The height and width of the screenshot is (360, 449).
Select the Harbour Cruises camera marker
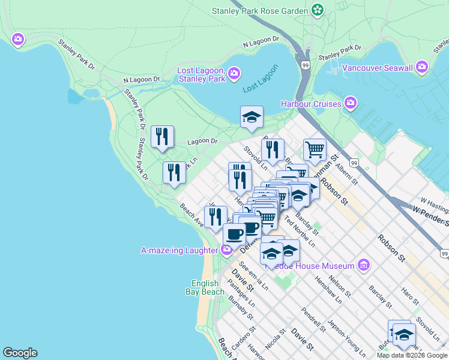click(350, 104)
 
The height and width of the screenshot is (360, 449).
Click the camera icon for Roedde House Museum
click(363, 265)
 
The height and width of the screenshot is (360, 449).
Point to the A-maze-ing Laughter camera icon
click(226, 250)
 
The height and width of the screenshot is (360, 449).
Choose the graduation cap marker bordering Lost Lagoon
click(252, 118)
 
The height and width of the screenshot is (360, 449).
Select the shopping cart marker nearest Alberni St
click(315, 149)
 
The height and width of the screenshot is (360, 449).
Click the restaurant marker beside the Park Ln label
click(174, 173)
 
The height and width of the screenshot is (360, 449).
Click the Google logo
click(20, 353)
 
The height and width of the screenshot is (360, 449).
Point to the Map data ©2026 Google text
click(412, 355)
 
